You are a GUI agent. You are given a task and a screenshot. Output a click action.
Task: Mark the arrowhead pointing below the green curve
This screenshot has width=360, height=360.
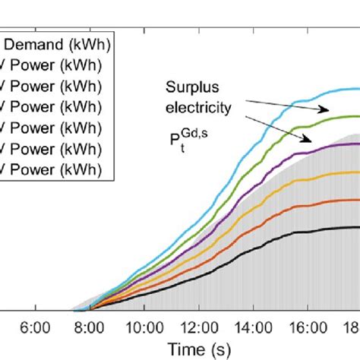click(309, 139)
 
